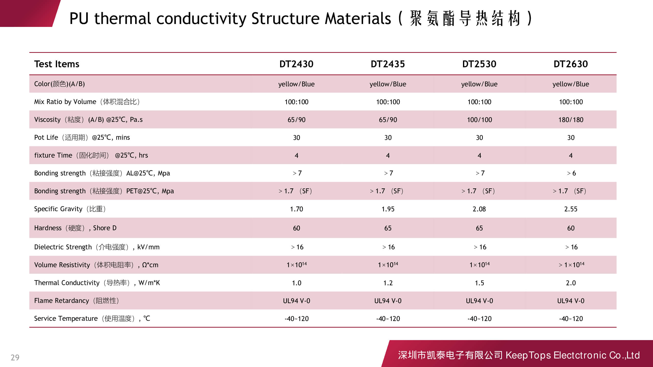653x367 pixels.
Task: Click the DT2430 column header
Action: coord(296,64)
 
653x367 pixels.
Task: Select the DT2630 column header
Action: coord(571,64)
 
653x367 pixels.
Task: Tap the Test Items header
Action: coord(57,64)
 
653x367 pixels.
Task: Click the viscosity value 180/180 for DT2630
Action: coord(571,120)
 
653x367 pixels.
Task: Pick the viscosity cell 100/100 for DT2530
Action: coord(479,120)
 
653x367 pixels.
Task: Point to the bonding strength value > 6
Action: coord(571,173)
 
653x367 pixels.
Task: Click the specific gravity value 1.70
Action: coord(296,209)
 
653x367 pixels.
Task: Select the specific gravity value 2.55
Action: coord(571,209)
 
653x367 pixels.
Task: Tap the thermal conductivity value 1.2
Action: coord(388,283)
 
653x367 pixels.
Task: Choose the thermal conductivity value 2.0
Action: coord(571,283)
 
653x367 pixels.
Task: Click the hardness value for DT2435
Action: coord(388,228)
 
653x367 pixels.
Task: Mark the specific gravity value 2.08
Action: coord(479,209)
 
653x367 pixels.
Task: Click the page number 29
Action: coord(15,357)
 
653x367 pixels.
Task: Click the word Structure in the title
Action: coord(285,19)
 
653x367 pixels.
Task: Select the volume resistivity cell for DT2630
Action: coord(571,265)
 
